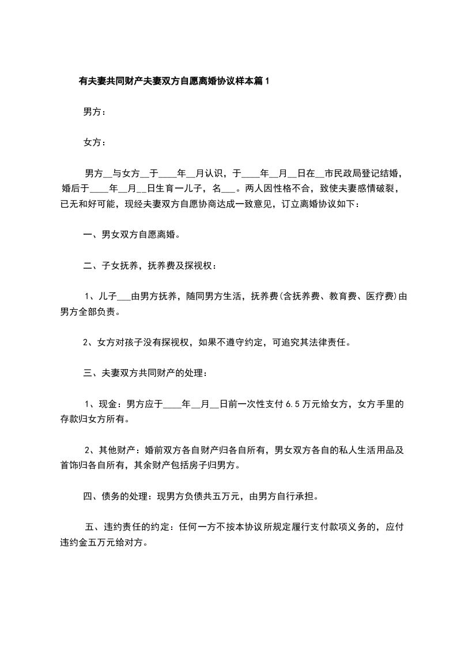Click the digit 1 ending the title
(x=266, y=82)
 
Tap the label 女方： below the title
(x=95, y=142)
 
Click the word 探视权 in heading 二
(x=198, y=265)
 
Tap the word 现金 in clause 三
(x=109, y=404)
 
